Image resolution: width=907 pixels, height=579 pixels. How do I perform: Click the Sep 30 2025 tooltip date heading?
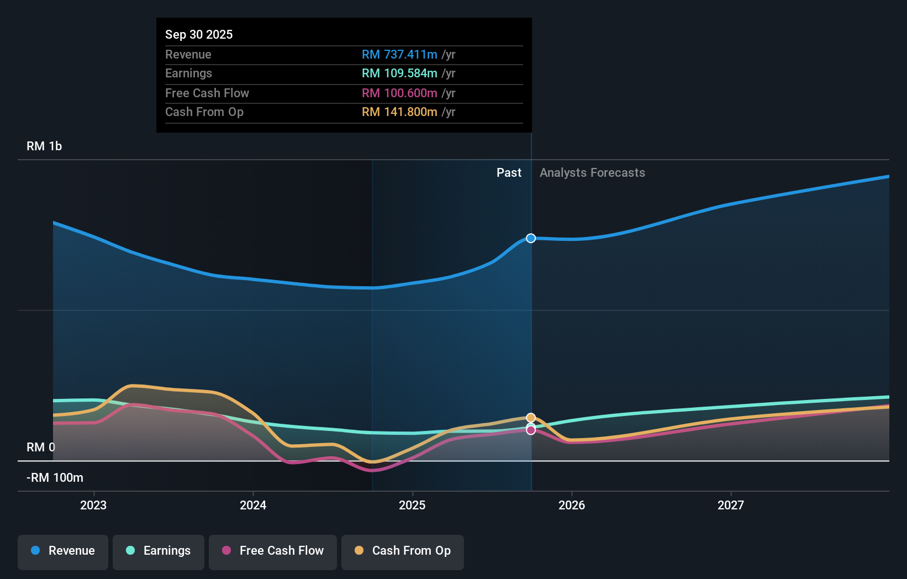click(199, 34)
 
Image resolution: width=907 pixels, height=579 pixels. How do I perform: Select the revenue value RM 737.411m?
click(399, 54)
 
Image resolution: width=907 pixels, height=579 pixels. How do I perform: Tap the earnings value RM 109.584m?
click(399, 73)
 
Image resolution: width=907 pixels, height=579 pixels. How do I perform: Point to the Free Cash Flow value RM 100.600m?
click(399, 93)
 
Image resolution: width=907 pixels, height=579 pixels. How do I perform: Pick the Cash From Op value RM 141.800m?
click(399, 112)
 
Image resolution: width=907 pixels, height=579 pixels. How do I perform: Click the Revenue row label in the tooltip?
click(188, 54)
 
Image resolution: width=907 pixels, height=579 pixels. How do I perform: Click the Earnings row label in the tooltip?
click(188, 73)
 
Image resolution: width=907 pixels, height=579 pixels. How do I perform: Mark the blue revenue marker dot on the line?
click(531, 238)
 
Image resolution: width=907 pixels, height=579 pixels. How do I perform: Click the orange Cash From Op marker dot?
click(531, 418)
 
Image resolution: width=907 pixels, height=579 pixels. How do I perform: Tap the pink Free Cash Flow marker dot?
click(531, 430)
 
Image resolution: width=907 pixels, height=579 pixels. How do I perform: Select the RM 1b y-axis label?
click(44, 146)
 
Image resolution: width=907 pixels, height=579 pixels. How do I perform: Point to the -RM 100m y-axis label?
click(55, 477)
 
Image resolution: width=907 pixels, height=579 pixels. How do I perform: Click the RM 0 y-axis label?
click(41, 447)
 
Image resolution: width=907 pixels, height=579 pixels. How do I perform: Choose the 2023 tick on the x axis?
click(93, 505)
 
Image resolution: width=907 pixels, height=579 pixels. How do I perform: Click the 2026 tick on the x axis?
click(572, 505)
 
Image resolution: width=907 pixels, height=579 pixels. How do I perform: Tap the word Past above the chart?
click(509, 172)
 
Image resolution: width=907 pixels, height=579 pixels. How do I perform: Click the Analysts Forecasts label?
click(592, 172)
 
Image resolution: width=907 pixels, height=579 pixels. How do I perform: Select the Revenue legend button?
click(63, 551)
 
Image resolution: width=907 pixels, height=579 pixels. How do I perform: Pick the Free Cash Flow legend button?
click(273, 551)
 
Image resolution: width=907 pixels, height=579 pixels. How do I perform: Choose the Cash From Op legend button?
click(403, 551)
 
